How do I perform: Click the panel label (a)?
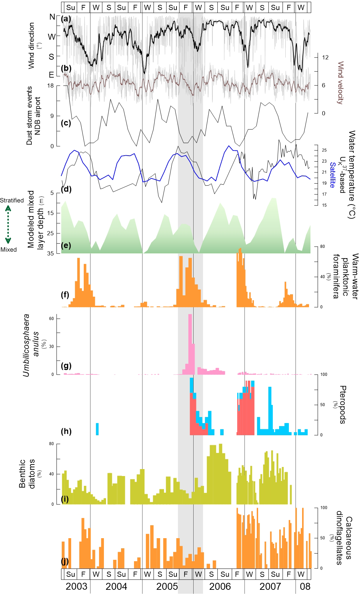coord(66,19)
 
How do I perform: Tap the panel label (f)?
coord(65,295)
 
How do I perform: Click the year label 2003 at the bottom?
coord(76,586)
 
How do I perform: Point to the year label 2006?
coord(220,586)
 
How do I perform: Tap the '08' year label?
coord(305,586)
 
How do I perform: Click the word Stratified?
coord(12,200)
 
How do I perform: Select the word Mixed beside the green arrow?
coord(8,250)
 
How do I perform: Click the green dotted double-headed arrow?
coord(8,224)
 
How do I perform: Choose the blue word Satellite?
coord(332,175)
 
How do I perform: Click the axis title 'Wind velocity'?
coord(340,83)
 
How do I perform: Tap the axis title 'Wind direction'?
coord(31,45)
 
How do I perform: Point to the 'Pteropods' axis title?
coord(343,404)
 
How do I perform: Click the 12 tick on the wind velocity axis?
coord(325,58)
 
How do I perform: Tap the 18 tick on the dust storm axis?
coord(51,86)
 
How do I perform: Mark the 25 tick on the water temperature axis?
coord(324,150)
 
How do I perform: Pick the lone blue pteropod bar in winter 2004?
coord(97,429)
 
